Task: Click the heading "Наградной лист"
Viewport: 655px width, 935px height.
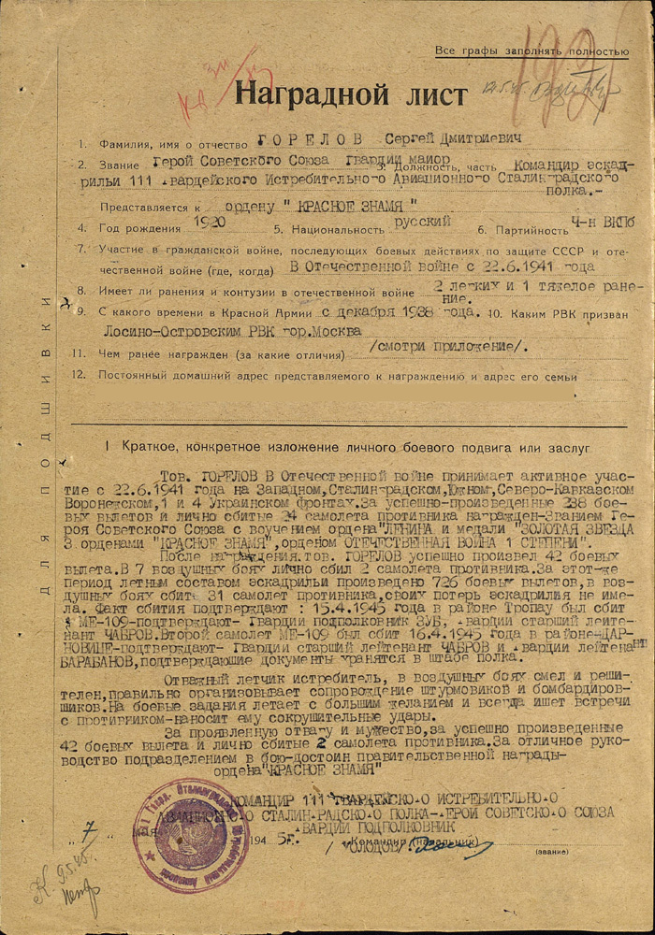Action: click(350, 94)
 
